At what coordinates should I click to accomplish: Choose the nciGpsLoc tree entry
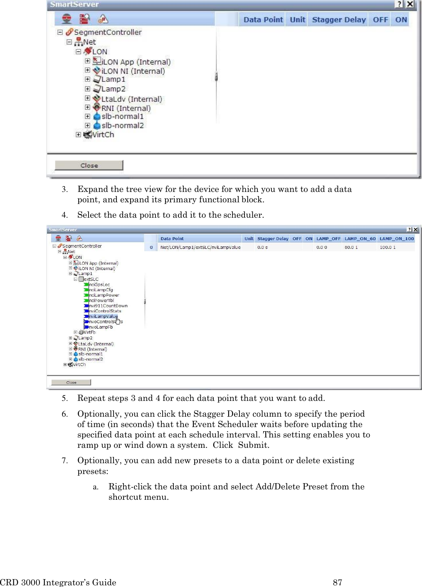(x=99, y=285)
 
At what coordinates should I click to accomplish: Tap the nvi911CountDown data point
(x=108, y=306)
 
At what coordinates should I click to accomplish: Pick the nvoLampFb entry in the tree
(x=101, y=327)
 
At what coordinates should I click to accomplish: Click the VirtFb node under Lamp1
(x=89, y=332)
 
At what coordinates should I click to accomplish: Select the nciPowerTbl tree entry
(x=101, y=300)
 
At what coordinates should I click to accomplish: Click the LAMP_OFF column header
(x=328, y=238)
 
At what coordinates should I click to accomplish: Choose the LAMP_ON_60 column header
(x=360, y=238)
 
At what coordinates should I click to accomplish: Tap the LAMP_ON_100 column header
(x=396, y=238)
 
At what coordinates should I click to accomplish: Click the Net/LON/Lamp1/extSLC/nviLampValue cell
(x=200, y=247)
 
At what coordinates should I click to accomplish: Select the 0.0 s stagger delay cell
(x=262, y=247)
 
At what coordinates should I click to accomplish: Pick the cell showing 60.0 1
(x=351, y=247)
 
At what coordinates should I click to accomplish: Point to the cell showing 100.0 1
(x=387, y=247)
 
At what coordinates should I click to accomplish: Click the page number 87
(x=337, y=582)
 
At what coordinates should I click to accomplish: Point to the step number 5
(x=64, y=398)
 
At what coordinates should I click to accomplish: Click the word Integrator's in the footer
(x=66, y=582)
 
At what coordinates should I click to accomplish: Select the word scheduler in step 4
(x=242, y=215)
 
